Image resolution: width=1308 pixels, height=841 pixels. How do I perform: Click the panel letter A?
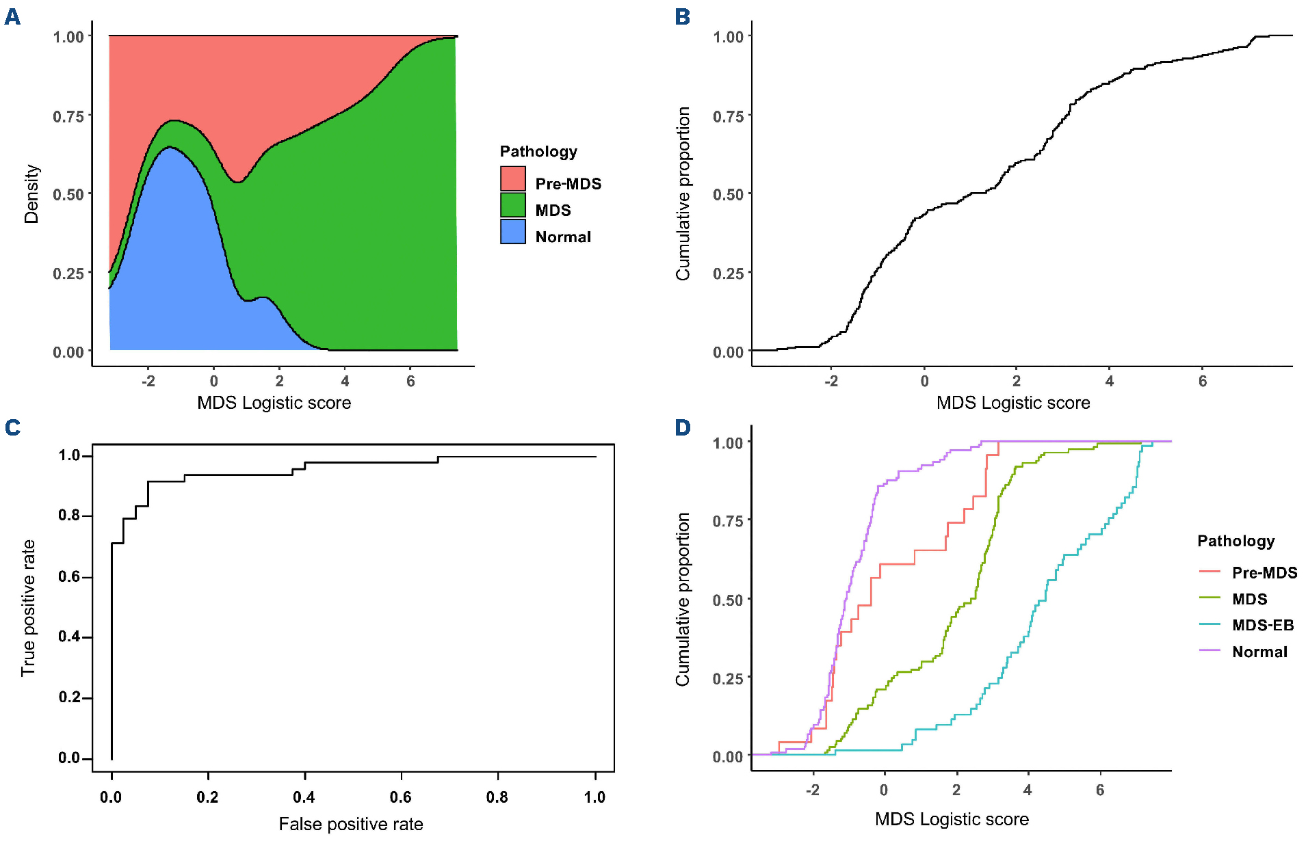tap(12, 16)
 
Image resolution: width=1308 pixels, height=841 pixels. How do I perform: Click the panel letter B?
tap(682, 16)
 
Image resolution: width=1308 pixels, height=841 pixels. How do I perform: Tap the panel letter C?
tap(12, 427)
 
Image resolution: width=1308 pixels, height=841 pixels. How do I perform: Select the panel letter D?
tap(683, 427)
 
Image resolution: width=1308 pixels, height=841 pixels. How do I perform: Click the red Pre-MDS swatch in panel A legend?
tap(512, 179)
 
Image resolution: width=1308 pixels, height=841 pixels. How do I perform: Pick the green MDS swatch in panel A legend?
tap(512, 205)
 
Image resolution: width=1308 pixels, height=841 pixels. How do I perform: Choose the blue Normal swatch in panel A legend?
tap(512, 232)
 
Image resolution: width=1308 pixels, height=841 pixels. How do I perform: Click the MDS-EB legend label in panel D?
tap(1262, 625)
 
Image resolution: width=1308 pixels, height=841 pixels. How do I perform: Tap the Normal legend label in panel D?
tap(1259, 652)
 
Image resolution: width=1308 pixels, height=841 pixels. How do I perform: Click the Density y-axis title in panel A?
tap(31, 193)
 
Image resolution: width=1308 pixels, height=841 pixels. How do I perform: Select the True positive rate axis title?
tap(28, 608)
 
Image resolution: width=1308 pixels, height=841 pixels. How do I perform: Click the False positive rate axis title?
tap(350, 824)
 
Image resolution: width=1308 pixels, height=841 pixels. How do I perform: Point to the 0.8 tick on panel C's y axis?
tap(70, 515)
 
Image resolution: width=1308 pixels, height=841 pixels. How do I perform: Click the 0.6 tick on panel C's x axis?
tap(401, 797)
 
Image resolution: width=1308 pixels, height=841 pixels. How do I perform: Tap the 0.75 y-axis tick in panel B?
tap(728, 116)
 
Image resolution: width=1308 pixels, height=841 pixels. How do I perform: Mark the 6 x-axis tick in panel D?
tap(1100, 790)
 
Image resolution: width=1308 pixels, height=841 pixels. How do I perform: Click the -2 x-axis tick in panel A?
tap(148, 381)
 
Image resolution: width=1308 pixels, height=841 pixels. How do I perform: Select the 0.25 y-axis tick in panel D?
tap(728, 678)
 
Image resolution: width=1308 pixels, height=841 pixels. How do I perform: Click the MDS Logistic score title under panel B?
tap(1012, 403)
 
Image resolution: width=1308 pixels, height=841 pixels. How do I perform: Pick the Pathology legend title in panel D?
tap(1235, 541)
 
